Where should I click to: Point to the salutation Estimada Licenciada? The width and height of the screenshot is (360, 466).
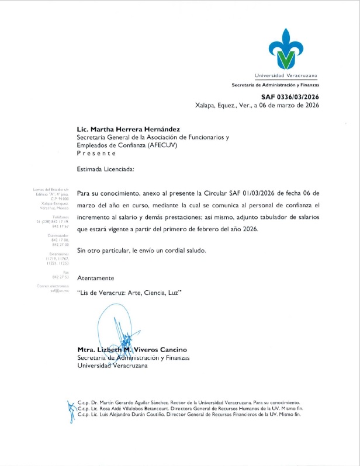pyautogui.click(x=106, y=170)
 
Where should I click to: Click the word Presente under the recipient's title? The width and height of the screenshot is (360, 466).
pyautogui.click(x=96, y=153)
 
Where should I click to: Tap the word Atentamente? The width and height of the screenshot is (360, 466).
pyautogui.click(x=96, y=277)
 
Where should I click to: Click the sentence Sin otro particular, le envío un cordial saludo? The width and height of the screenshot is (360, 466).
pyautogui.click(x=141, y=250)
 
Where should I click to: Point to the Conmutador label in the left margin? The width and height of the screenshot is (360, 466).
pyautogui.click(x=58, y=235)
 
